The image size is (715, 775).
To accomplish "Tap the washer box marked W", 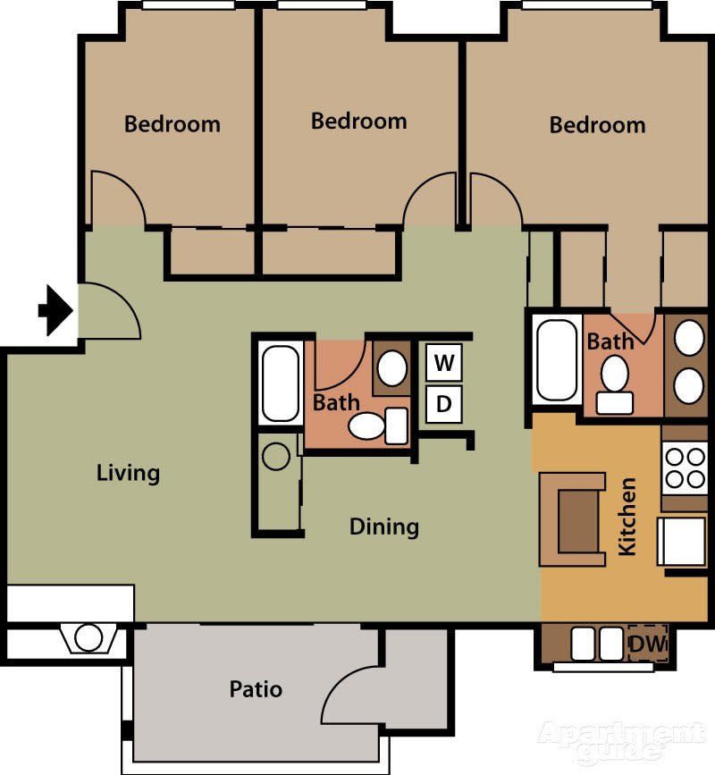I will [x=443, y=364].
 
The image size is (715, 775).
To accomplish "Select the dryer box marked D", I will [x=443, y=404].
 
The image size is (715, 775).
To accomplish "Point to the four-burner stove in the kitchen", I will [x=686, y=468].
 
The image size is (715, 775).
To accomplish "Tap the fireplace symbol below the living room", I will [x=88, y=638].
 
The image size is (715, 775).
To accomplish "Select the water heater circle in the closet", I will [x=276, y=457].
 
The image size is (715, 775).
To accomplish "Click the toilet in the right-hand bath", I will [x=614, y=382].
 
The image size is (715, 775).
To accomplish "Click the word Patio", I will [x=256, y=689].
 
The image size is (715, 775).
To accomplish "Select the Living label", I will [x=128, y=472].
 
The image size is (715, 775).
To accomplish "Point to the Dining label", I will [x=383, y=526].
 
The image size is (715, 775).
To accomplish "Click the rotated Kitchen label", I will [x=628, y=516].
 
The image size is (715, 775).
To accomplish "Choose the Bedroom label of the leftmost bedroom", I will [x=172, y=123].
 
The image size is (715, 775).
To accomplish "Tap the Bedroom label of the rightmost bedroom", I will [x=597, y=124].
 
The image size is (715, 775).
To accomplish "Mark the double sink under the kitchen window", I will [x=598, y=643].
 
